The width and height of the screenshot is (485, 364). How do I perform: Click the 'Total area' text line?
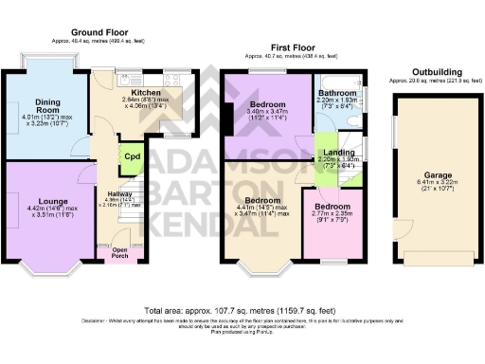[242, 310]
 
